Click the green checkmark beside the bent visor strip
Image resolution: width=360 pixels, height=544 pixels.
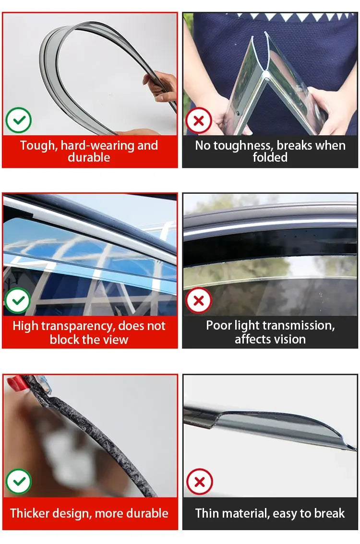pyautogui.click(x=18, y=120)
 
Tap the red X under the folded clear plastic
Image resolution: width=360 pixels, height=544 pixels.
pyautogui.click(x=199, y=121)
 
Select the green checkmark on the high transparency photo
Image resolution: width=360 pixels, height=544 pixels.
pyautogui.click(x=18, y=300)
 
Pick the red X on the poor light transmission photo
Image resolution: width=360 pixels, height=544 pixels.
pyautogui.click(x=199, y=300)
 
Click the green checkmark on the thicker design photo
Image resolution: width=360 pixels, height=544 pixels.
pyautogui.click(x=19, y=481)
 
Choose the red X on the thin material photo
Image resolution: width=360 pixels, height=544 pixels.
pyautogui.click(x=200, y=482)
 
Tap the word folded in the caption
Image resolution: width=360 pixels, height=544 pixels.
pyautogui.click(x=270, y=157)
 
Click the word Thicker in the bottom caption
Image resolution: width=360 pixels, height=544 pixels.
pyautogui.click(x=29, y=513)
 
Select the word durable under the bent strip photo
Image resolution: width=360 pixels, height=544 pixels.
pyautogui.click(x=89, y=157)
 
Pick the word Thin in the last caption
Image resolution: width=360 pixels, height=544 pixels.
pyautogui.click(x=207, y=513)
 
